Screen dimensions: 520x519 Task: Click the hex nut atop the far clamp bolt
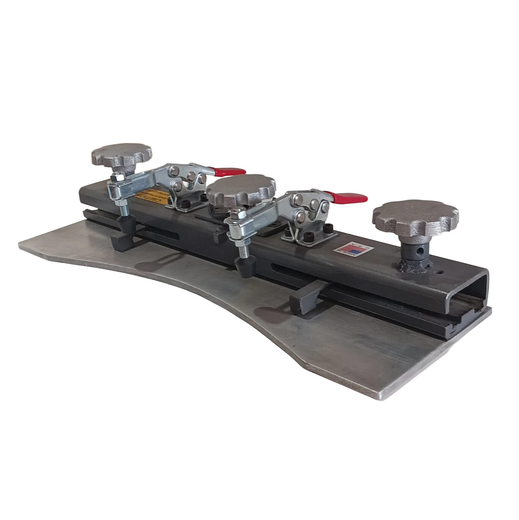tap(118, 176)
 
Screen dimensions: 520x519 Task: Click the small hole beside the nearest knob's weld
tap(440, 272)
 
